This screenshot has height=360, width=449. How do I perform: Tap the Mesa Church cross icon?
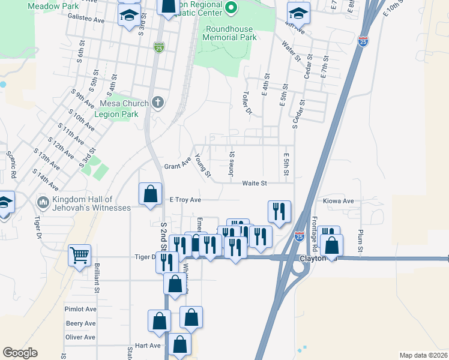tap(158, 102)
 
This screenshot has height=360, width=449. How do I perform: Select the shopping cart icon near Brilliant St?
tap(80, 256)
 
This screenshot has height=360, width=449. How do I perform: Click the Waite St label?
tap(255, 184)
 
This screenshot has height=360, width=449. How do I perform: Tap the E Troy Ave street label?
tap(185, 199)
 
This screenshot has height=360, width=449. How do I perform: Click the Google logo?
tap(20, 353)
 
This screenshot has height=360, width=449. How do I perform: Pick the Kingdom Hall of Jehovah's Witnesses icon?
tap(42, 202)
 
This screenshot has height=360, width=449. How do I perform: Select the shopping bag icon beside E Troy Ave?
tap(150, 194)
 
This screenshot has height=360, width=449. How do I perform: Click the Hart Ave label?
tap(148, 346)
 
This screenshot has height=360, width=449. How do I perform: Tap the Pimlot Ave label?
tap(80, 309)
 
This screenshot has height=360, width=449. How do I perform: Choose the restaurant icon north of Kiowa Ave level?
tap(280, 211)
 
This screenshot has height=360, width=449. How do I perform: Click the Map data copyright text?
tap(423, 355)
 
